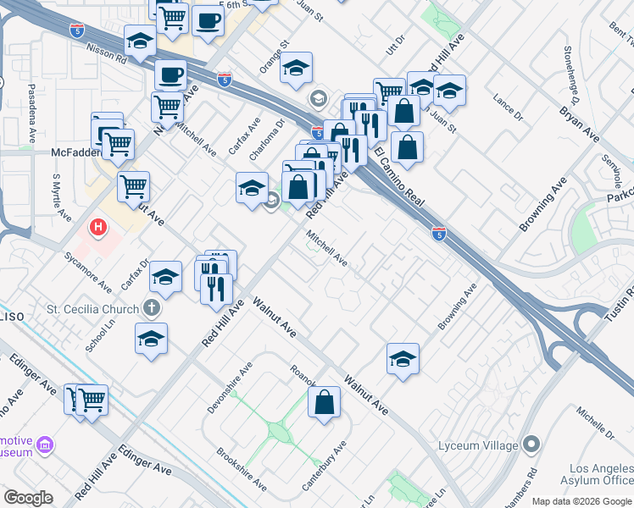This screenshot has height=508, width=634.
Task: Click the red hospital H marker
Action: (x=99, y=228)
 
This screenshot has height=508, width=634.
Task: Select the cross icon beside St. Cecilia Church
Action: (x=152, y=308)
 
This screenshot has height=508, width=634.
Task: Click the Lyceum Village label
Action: (x=479, y=445)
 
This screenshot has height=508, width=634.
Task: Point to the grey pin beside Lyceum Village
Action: (x=531, y=444)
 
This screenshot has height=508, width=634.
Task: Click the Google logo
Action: (x=29, y=497)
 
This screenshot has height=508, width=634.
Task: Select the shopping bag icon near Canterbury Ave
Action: (x=324, y=403)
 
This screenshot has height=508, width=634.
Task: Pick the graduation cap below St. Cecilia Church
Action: (x=152, y=338)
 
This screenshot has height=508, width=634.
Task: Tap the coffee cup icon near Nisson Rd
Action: (x=170, y=75)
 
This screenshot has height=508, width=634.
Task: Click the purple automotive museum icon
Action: (x=46, y=444)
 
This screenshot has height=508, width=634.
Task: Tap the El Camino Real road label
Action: (x=398, y=177)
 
